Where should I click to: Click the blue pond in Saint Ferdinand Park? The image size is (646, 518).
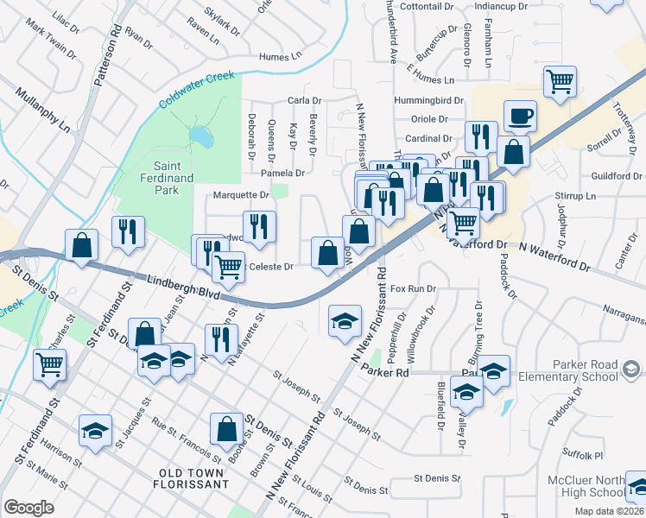(199, 136)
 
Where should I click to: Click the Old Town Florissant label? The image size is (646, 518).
(194, 472)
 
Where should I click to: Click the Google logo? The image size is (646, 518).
(29, 507)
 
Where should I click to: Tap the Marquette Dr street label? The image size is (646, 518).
(241, 195)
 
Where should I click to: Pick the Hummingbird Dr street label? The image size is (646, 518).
(429, 101)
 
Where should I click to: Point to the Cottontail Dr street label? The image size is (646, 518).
(421, 6)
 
